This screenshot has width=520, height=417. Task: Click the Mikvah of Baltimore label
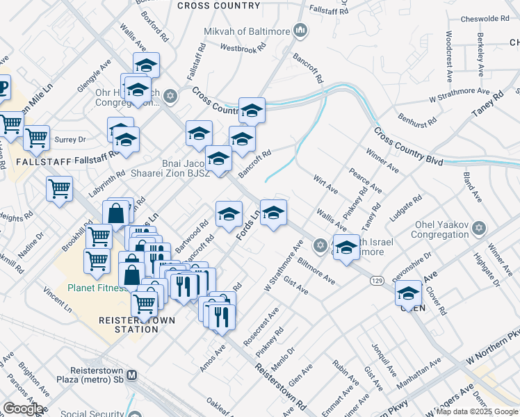point(247,31)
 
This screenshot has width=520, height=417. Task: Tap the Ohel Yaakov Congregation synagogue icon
point(478,228)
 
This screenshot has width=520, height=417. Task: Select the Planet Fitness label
point(98,287)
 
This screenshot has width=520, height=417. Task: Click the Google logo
point(22,408)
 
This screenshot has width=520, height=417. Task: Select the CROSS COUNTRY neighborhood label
point(218,6)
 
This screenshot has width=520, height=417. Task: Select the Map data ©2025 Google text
point(476,412)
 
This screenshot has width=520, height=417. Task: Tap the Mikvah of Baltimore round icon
point(301,30)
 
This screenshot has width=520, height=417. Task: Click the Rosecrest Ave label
point(261,326)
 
